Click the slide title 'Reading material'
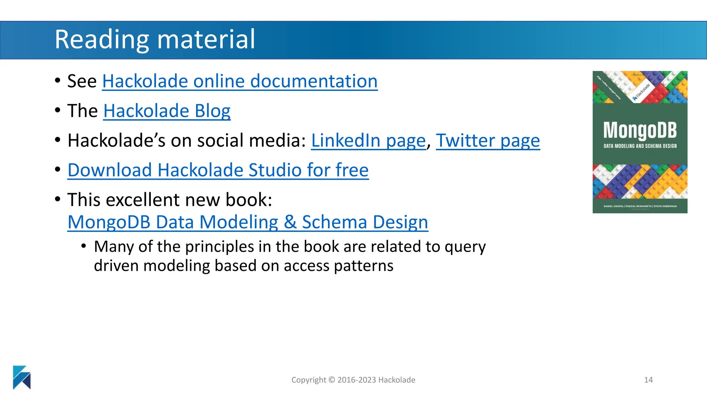click(155, 39)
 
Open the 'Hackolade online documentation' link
click(240, 81)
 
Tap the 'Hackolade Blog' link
click(167, 111)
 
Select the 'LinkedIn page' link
click(368, 141)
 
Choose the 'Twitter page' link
click(488, 141)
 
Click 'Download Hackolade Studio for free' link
click(218, 170)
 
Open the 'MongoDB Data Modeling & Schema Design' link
click(248, 222)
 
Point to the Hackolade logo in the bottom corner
click(22, 377)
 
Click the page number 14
click(648, 380)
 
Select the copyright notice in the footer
click(353, 380)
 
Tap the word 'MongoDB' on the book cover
click(640, 131)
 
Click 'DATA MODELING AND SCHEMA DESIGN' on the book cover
click(640, 146)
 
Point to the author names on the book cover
click(640, 206)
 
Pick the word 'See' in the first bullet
click(82, 81)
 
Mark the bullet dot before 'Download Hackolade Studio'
click(58, 170)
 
